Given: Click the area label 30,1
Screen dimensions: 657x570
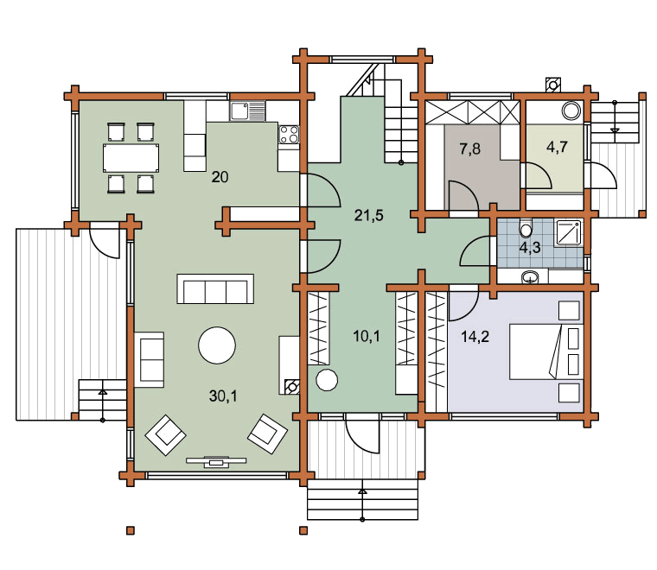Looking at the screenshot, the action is (x=223, y=396).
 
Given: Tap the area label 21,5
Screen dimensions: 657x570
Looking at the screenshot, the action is (x=369, y=216).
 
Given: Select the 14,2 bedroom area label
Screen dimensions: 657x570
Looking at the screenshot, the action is (x=475, y=337).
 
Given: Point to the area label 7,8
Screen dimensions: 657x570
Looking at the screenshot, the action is (x=469, y=149).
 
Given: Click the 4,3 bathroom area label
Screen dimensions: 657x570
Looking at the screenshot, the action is (x=530, y=248).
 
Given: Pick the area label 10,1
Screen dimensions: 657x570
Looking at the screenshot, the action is (x=367, y=336).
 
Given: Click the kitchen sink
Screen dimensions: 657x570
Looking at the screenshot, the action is (x=247, y=111).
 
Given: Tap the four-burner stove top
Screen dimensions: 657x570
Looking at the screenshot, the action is (x=289, y=134).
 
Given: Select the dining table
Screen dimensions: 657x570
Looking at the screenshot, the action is (x=131, y=158).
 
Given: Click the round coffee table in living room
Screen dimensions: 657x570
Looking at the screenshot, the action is (x=217, y=345).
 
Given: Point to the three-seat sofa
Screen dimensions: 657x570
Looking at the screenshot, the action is (x=215, y=288).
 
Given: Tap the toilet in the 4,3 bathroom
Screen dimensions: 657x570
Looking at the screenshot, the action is (x=526, y=229).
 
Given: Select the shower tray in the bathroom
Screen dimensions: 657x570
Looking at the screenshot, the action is (x=568, y=232).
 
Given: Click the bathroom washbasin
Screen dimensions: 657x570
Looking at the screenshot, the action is (x=530, y=276).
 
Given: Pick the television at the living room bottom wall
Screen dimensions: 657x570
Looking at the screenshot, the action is (x=216, y=461).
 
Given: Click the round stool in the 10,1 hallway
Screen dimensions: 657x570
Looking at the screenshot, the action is (x=327, y=380).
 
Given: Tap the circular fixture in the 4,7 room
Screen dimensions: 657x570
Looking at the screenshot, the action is (x=571, y=111).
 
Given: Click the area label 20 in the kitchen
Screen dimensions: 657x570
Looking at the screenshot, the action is (x=220, y=177).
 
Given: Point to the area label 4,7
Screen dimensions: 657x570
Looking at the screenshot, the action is (x=558, y=147).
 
